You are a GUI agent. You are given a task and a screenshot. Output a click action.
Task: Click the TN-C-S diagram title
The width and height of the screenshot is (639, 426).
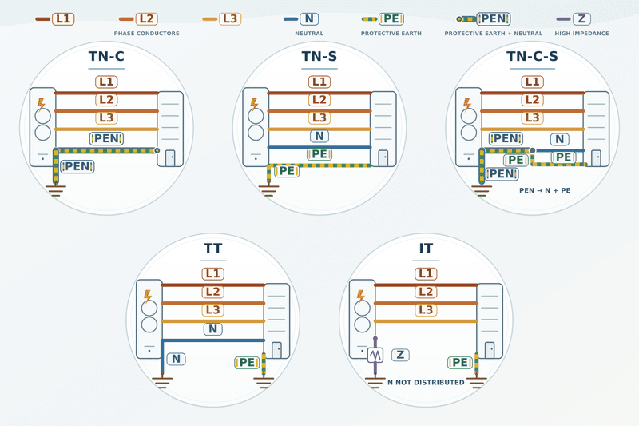pos(532,56)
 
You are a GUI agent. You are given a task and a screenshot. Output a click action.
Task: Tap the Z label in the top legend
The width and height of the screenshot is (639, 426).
pos(581,18)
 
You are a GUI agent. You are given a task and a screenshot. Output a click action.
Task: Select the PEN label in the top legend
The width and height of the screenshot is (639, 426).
pos(494,18)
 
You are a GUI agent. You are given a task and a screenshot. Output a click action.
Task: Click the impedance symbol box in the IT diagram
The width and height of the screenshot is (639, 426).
pos(375,355)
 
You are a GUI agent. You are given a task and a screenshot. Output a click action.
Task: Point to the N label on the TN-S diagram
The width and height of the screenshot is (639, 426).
pos(319,136)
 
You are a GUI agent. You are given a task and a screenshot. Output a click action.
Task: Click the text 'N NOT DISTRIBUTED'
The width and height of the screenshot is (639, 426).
pos(426,382)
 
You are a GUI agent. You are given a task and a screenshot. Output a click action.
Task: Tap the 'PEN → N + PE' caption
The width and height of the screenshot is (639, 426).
pos(545,190)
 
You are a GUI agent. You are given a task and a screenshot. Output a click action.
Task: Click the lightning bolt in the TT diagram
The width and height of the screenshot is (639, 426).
pos(148,297)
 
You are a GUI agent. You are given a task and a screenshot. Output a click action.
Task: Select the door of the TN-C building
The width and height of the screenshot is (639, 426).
pos(170,158)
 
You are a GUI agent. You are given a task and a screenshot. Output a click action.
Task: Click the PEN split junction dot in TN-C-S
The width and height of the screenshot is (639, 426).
pos(532,151)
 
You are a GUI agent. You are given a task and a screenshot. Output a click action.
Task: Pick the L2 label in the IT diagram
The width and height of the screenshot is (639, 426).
pos(426,292)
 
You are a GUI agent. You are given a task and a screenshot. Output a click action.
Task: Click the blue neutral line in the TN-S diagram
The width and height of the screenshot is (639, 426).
pos(319,147)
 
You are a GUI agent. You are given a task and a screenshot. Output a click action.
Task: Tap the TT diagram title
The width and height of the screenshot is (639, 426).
pos(212,249)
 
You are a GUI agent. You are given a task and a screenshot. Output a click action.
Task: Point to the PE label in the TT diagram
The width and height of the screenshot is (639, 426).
pos(248,362)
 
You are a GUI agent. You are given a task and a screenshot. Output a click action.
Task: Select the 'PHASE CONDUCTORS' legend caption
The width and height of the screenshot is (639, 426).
pos(147,34)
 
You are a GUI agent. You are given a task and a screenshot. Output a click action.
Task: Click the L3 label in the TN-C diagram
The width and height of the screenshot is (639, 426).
pos(106,117)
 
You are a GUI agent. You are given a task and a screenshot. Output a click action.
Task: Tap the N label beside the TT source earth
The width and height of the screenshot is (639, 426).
pos(176,359)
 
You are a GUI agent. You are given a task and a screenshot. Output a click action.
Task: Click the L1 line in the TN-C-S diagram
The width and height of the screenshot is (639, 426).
pos(532,93)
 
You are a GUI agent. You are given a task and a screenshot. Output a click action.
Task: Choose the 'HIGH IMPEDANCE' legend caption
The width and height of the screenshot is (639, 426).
pos(581,34)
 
